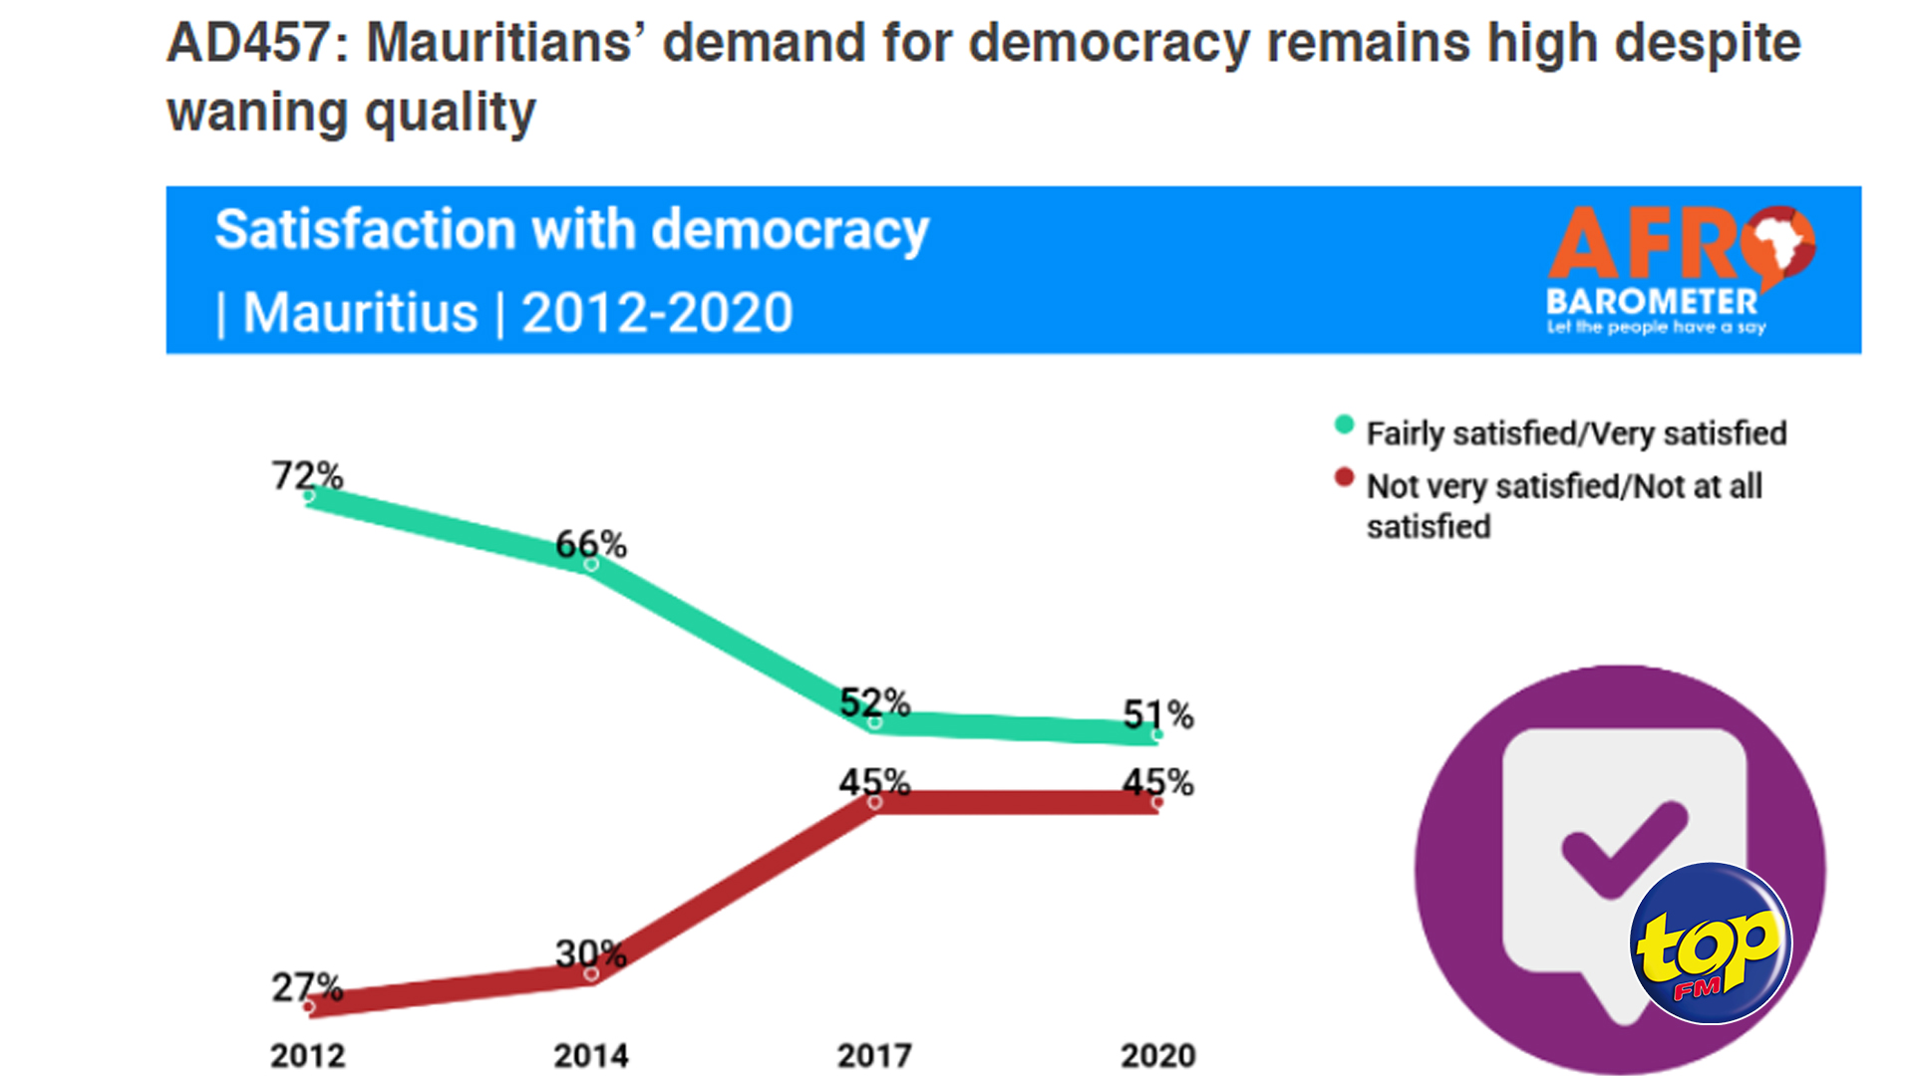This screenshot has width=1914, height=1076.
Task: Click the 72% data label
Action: coord(307,475)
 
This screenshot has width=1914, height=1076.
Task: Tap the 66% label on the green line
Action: coord(590,544)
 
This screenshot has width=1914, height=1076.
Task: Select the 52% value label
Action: coord(874,702)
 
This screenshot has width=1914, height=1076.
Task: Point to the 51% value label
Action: coord(1157,714)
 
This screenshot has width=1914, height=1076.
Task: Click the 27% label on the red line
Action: coord(307,987)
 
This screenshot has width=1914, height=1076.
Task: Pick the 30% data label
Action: coord(590,953)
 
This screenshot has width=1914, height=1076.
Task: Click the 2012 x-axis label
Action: coord(307,1055)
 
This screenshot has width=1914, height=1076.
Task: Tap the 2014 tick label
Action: coord(590,1055)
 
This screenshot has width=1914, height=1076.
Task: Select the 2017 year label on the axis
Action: coord(874,1055)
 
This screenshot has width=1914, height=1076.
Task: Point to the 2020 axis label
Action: coord(1157,1055)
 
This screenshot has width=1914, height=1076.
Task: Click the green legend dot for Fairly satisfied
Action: coord(1344,425)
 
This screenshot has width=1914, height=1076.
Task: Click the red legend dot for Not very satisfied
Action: coord(1344,478)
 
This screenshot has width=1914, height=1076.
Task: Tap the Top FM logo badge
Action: coord(1711,943)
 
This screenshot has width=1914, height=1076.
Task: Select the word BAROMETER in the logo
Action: coord(1651,301)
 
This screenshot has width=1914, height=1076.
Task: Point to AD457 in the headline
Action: coord(248,44)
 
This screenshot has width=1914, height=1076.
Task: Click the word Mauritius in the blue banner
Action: coord(360,313)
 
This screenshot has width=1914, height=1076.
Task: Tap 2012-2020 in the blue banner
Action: coord(657,313)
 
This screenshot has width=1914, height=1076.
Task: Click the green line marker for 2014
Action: coord(591,565)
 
